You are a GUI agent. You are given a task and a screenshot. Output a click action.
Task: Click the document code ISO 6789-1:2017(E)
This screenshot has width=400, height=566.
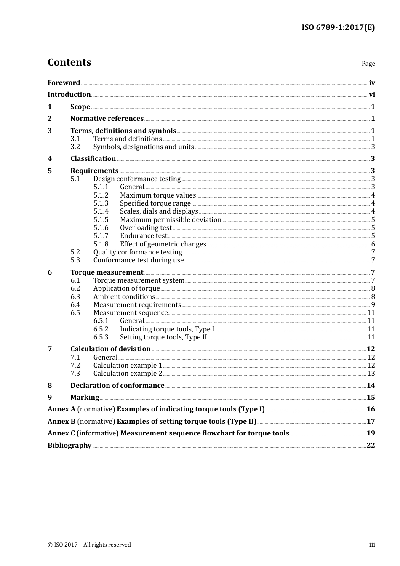(338, 28)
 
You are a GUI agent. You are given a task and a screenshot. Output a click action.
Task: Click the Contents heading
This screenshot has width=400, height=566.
(69, 62)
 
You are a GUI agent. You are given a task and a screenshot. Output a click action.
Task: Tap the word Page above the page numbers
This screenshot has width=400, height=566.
(368, 64)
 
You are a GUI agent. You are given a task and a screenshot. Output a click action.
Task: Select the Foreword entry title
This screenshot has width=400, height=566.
(64, 83)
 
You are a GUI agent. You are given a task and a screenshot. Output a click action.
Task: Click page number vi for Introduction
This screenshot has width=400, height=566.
(372, 95)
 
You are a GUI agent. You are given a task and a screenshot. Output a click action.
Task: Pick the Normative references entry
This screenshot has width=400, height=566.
(107, 119)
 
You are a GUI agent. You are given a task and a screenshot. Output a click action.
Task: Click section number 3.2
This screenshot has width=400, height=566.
(75, 147)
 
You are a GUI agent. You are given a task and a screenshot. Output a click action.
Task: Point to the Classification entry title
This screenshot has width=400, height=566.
(93, 159)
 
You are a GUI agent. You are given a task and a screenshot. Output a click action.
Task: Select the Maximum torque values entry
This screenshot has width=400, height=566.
(158, 195)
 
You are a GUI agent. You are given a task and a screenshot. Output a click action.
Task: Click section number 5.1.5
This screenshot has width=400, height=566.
(101, 220)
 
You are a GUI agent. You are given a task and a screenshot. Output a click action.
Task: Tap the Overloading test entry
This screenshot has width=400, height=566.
(146, 228)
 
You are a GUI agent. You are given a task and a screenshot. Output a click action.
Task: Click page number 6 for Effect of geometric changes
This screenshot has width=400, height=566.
(373, 244)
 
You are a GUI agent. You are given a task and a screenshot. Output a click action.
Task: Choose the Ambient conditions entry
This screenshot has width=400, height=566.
(124, 297)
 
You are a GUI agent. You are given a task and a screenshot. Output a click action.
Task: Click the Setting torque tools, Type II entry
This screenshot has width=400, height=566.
(163, 337)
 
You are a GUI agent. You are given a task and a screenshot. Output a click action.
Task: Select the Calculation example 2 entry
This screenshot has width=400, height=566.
(128, 374)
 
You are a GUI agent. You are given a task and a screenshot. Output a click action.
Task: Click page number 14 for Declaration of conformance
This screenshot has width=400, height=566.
(371, 386)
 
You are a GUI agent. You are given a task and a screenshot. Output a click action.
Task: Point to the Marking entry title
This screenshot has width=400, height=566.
(85, 398)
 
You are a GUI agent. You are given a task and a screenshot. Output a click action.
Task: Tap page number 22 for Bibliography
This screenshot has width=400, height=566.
(371, 446)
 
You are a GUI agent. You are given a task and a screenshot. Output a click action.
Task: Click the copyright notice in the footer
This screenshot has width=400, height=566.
(89, 545)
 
